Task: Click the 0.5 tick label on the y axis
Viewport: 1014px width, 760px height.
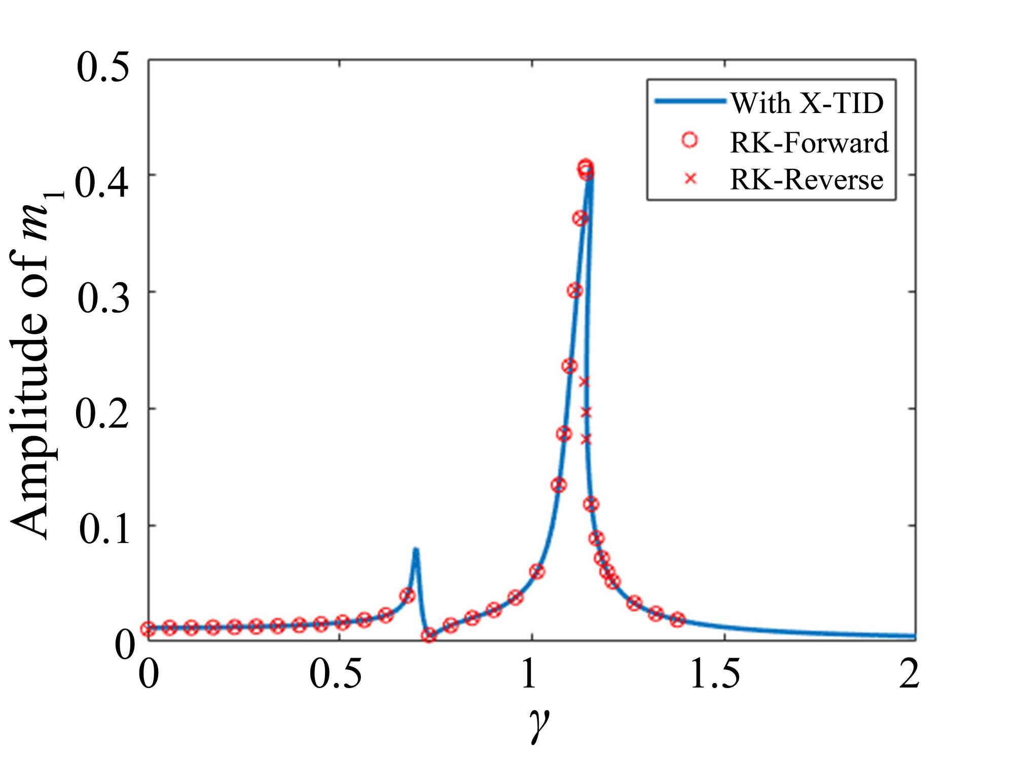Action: click(x=103, y=68)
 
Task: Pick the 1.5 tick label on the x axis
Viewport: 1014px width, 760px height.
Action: click(x=715, y=674)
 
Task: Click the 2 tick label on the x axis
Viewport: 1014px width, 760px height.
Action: click(x=909, y=674)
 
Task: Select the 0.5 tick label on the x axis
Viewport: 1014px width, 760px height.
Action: click(x=336, y=674)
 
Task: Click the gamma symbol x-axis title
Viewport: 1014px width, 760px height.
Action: click(x=539, y=724)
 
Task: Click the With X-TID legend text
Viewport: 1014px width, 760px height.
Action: click(x=807, y=103)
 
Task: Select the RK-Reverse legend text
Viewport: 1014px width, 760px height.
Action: click(x=806, y=180)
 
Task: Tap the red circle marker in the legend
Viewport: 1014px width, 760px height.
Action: click(x=690, y=140)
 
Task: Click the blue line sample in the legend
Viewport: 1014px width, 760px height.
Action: click(x=690, y=101)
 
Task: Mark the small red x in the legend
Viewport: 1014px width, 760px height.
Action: click(x=690, y=179)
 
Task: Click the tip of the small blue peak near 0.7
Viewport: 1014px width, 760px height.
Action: click(x=415, y=550)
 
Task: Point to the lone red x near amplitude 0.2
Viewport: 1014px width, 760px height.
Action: click(x=586, y=412)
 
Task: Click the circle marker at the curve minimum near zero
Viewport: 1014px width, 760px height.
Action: click(x=429, y=635)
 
